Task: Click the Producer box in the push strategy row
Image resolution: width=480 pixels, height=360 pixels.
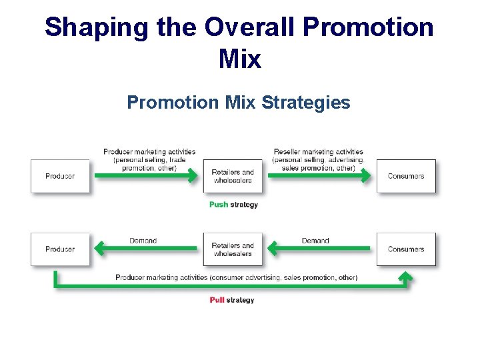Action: click(60, 176)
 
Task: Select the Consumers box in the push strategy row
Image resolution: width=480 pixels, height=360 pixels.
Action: click(406, 176)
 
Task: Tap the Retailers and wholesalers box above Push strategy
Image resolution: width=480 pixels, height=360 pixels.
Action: click(233, 176)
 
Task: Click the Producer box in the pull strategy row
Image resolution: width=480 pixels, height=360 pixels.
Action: click(60, 249)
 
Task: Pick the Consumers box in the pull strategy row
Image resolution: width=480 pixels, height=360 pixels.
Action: click(406, 249)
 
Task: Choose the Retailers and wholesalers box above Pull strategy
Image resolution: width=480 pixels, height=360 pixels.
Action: click(233, 249)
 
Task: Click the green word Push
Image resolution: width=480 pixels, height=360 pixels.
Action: click(218, 205)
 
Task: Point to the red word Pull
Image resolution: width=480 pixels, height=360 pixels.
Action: click(217, 300)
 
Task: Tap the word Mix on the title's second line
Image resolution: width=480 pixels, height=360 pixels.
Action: click(239, 59)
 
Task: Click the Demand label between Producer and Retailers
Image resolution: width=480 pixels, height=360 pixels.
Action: click(143, 241)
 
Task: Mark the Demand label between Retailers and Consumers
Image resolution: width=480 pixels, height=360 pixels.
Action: click(315, 241)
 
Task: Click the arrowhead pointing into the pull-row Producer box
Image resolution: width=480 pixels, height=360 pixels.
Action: click(99, 249)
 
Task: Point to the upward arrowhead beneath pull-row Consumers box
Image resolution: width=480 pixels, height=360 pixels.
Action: click(405, 275)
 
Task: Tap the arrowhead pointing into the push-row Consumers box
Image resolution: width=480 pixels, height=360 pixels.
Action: click(367, 176)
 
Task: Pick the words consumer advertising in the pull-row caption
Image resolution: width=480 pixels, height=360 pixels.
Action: click(245, 277)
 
